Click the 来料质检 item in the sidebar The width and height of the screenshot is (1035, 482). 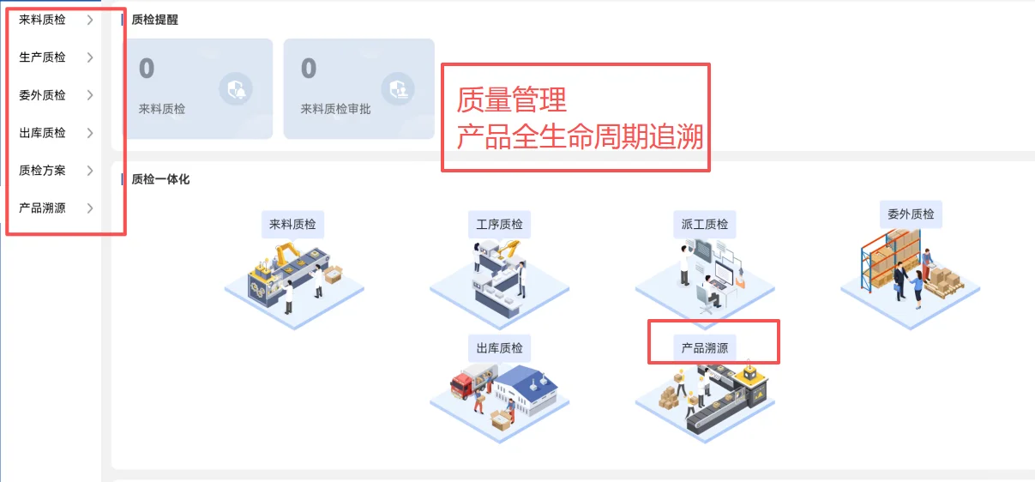click(x=42, y=20)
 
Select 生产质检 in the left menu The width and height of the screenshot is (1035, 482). click(x=42, y=57)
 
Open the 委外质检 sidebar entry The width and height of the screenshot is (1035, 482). click(x=42, y=95)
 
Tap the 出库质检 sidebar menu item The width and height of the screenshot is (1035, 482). click(x=42, y=133)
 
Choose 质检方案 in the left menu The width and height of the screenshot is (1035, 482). click(x=42, y=171)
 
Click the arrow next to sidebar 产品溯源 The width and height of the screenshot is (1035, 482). click(x=90, y=208)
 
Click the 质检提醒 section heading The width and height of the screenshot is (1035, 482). click(x=154, y=20)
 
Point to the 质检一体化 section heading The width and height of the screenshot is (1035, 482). click(x=159, y=179)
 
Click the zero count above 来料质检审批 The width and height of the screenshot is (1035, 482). click(x=309, y=69)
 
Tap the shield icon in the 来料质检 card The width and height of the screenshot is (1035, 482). click(x=236, y=88)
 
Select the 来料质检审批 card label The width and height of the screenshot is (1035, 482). click(x=335, y=110)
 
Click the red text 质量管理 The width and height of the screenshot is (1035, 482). click(x=511, y=100)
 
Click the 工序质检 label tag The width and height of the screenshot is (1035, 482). click(x=499, y=225)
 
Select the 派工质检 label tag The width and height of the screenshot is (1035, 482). click(x=704, y=225)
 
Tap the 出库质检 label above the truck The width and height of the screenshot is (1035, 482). click(x=499, y=348)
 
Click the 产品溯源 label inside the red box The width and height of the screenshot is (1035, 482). click(x=704, y=348)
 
